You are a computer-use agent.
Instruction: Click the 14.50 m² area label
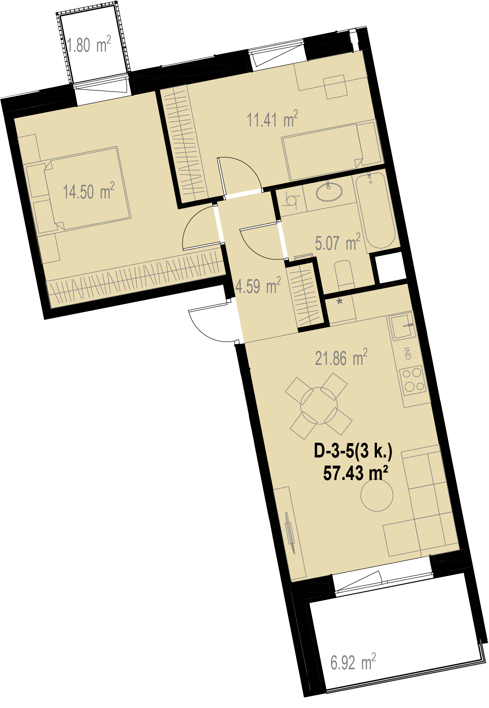tap(88, 191)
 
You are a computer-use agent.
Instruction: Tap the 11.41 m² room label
tap(272, 119)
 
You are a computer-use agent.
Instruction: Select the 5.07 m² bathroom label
tap(338, 242)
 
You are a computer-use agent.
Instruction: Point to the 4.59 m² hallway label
tap(258, 286)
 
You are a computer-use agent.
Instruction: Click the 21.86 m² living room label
tap(341, 358)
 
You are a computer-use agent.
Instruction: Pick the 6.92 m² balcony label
tap(353, 662)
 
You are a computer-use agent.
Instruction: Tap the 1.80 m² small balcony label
tap(89, 45)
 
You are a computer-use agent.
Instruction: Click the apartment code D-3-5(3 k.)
tap(353, 451)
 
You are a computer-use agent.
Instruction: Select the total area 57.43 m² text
tap(356, 473)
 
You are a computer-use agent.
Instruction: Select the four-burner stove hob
tap(412, 380)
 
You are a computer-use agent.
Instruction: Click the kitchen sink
tap(402, 327)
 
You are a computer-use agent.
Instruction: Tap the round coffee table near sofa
tap(377, 495)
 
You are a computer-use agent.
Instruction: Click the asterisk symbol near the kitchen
tap(340, 302)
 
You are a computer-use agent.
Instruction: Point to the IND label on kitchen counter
tap(408, 353)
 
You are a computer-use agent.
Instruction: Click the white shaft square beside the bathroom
tap(391, 268)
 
